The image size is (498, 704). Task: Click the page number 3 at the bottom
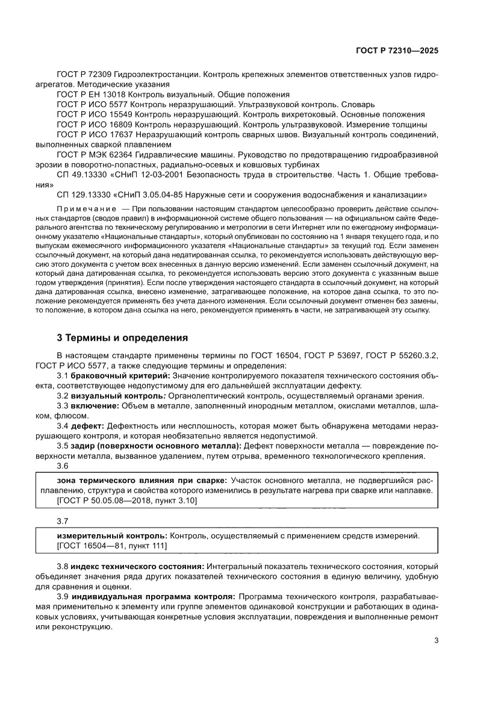point(436,641)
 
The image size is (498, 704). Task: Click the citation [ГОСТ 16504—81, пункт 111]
point(111,546)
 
